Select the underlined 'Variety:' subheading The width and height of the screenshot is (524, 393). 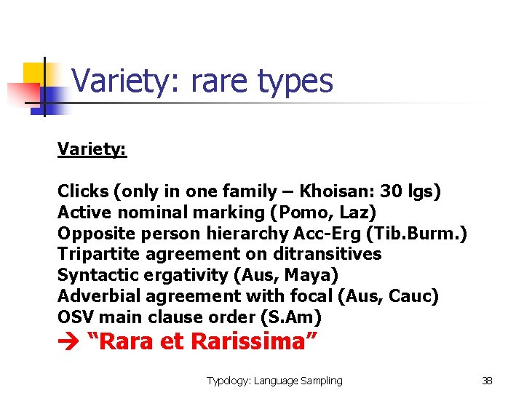point(92,149)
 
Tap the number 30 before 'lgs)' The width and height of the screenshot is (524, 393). point(394,191)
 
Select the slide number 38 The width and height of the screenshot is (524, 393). point(487,381)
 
